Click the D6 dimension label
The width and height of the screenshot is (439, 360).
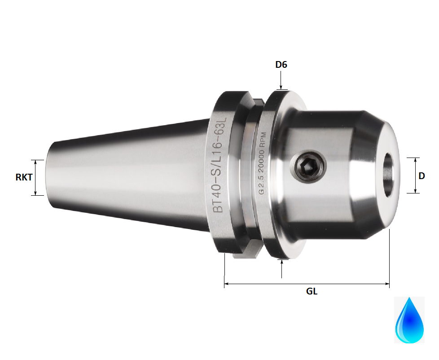tap(281, 65)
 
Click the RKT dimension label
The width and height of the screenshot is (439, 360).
tap(24, 177)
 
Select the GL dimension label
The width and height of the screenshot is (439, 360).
tap(312, 291)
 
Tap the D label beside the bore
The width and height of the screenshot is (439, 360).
tap(421, 176)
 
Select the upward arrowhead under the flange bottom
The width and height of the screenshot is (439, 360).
tap(281, 262)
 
